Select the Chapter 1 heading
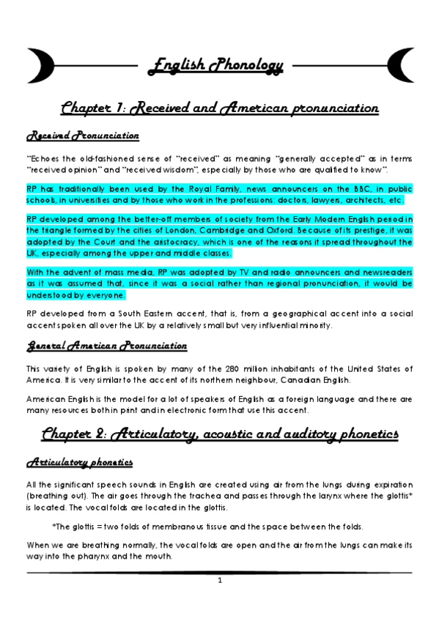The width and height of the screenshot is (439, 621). (x=219, y=108)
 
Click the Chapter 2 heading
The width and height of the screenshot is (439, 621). (x=219, y=434)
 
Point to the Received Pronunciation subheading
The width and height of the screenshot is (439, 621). (x=82, y=136)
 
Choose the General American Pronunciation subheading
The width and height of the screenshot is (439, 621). (x=106, y=346)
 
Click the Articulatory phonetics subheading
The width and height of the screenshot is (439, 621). (x=81, y=463)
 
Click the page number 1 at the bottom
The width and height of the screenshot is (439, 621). (x=219, y=581)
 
